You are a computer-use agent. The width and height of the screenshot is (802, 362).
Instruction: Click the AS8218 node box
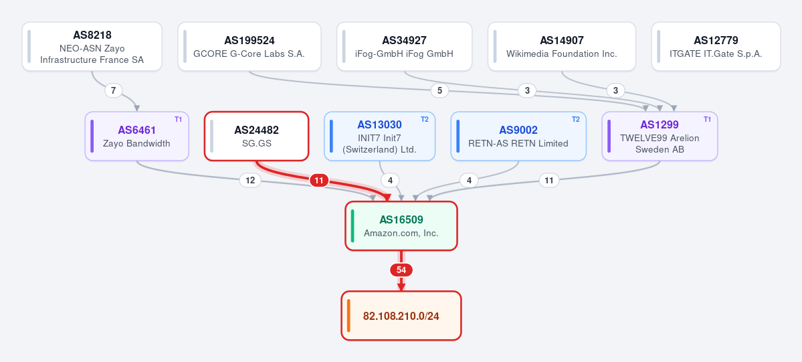coord(92,47)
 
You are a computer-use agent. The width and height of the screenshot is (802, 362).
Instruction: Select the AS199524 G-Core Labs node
coord(249,47)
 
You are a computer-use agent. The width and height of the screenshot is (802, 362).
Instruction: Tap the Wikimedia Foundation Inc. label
coord(562,54)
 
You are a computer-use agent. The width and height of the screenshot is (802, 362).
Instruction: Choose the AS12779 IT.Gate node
coord(716,47)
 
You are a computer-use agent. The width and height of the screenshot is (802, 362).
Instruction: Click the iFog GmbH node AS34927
coord(404,47)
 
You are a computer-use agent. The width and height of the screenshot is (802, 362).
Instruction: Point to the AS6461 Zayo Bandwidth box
coord(137,137)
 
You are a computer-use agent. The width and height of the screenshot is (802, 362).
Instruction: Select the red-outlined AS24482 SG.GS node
coord(257,137)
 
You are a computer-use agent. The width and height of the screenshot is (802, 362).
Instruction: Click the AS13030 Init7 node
coord(379,137)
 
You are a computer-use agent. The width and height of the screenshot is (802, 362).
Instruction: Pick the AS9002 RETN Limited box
coord(518,137)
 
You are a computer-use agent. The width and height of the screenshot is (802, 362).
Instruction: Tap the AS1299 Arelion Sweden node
coord(660,137)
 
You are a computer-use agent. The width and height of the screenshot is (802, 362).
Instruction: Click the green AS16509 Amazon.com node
coord(401,225)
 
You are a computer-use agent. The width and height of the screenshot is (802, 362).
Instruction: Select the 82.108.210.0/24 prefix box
coord(401,315)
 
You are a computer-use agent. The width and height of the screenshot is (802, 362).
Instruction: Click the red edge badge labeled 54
coord(401,270)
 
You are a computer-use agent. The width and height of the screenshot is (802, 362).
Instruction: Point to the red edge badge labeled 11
coord(319,180)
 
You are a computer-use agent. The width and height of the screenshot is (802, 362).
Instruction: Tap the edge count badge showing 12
coord(250,180)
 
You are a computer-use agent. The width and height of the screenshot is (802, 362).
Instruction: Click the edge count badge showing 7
coord(114,90)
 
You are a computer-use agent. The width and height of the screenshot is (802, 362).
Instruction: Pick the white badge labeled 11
coord(548,180)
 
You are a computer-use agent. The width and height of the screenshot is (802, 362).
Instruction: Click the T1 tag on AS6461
coord(178,119)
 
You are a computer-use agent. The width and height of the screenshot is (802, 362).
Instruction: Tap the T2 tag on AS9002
coord(575,119)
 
